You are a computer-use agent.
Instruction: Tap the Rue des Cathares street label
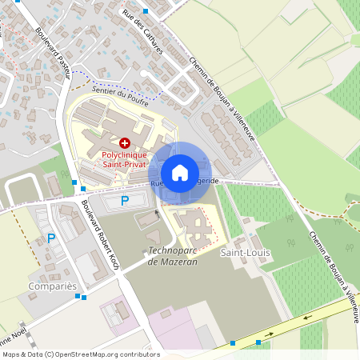tap(148, 32)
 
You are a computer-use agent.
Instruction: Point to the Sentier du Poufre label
tap(121, 97)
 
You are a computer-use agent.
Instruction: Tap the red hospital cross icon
tap(102, 141)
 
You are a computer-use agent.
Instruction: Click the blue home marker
tap(180, 173)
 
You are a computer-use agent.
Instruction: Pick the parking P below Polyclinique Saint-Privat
tap(124, 201)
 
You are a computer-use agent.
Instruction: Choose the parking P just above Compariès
tap(51, 238)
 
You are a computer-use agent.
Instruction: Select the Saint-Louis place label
tap(246, 253)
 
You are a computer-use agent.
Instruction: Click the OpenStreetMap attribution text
tap(81, 354)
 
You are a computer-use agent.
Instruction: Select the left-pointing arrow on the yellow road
tap(270, 334)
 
